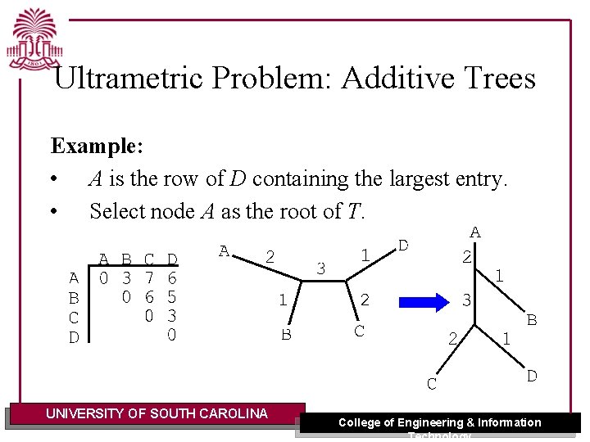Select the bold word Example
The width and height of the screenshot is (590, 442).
click(x=97, y=147)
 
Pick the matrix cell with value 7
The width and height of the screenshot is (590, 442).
click(x=149, y=279)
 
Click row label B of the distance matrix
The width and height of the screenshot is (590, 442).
click(x=74, y=298)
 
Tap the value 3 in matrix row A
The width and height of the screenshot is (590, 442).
click(x=126, y=279)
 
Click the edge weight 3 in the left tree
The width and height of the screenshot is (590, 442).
click(x=321, y=268)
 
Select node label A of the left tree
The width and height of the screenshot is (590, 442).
click(x=224, y=251)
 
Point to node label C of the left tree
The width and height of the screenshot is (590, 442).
click(x=359, y=331)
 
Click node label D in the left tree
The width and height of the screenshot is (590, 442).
click(x=403, y=245)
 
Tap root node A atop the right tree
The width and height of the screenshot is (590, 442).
click(x=474, y=232)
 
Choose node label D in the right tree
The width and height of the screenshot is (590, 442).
click(x=532, y=376)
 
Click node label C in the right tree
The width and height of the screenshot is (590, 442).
click(x=431, y=383)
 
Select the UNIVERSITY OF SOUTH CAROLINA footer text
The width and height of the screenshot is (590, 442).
click(x=157, y=413)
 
